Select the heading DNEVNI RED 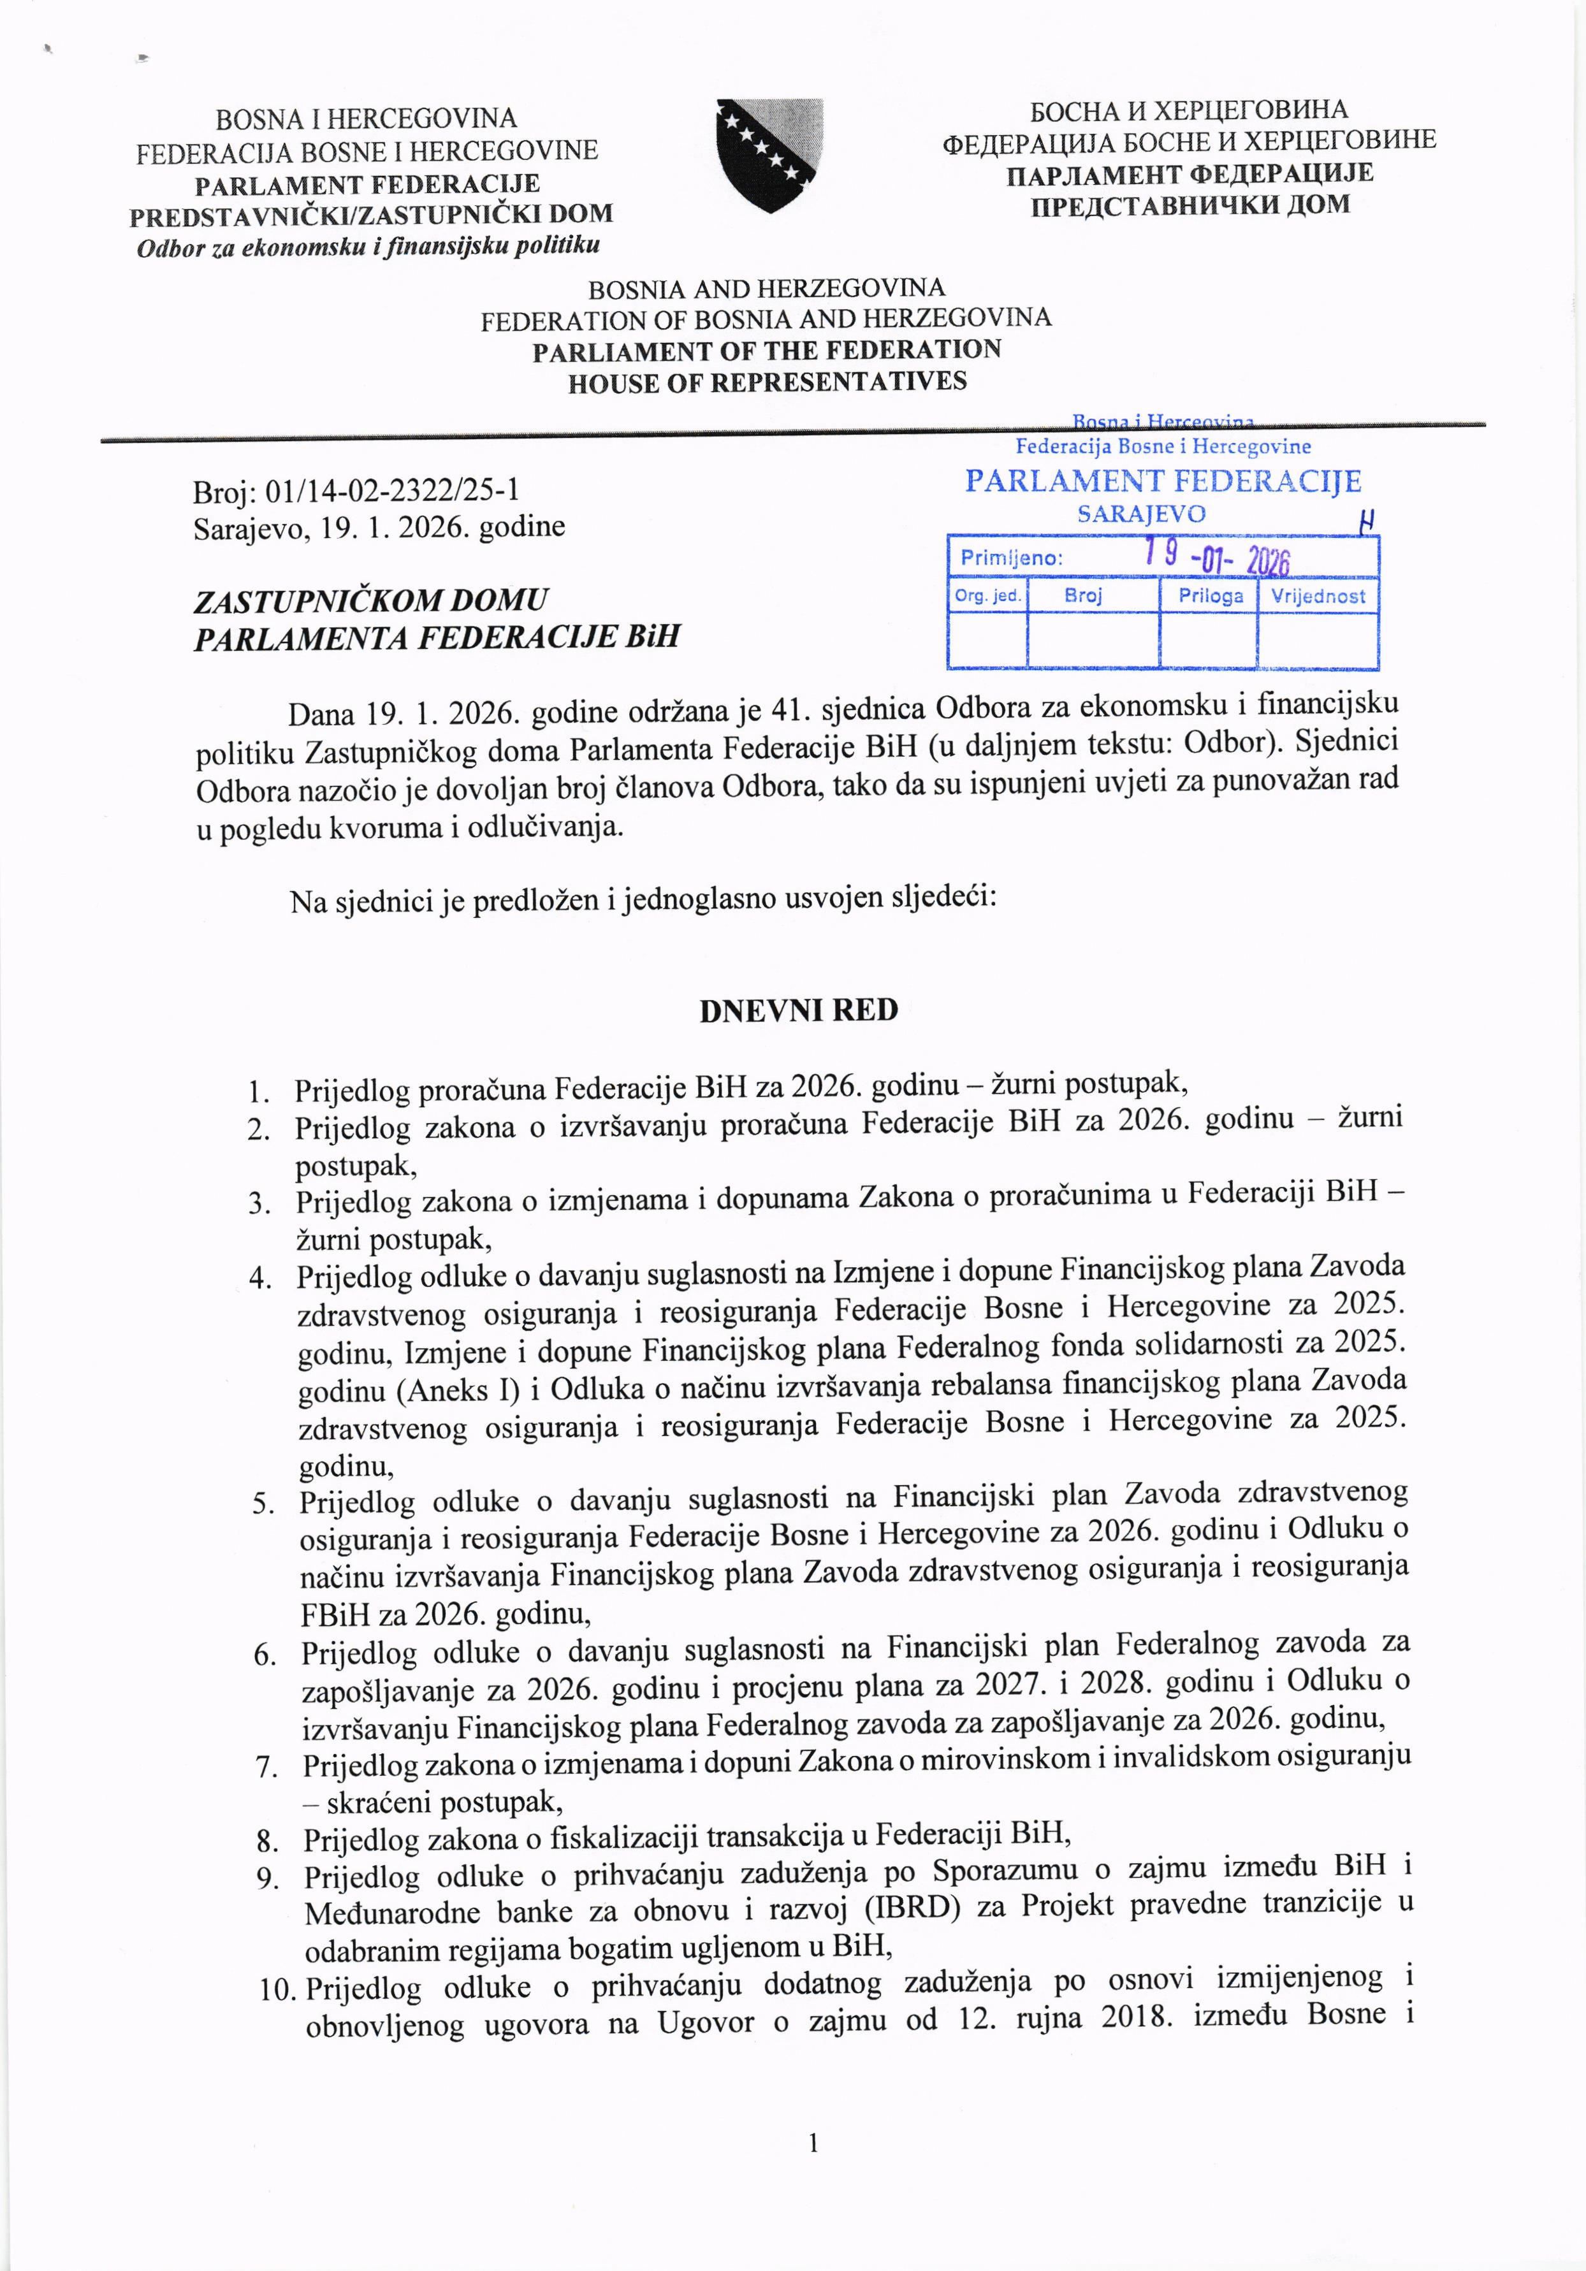[x=799, y=1010]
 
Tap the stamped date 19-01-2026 [x=1217, y=558]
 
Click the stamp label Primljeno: [x=1011, y=558]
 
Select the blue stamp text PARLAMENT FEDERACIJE [x=1163, y=482]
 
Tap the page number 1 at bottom [x=813, y=2144]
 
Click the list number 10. [x=278, y=1987]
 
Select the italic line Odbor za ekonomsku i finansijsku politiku [x=368, y=245]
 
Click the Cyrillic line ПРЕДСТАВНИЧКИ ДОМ [x=1190, y=206]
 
